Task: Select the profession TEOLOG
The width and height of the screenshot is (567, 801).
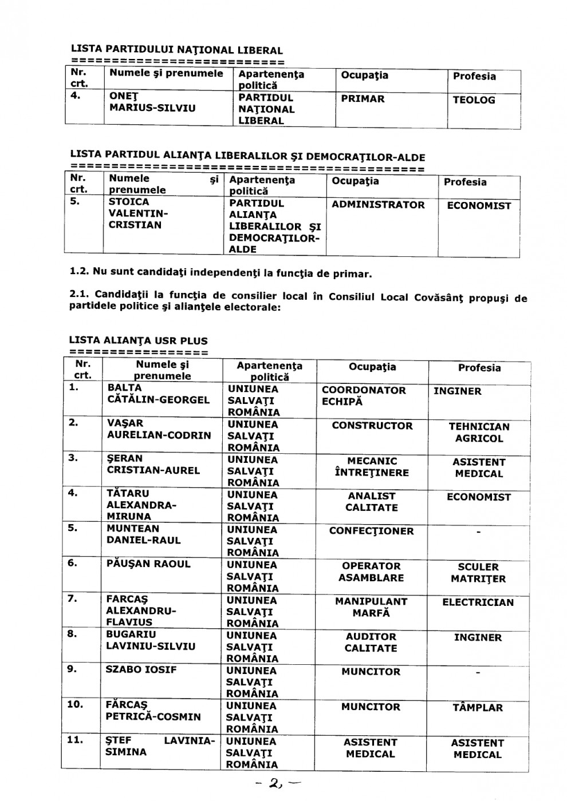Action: pyautogui.click(x=474, y=100)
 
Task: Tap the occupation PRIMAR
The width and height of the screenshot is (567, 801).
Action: pyautogui.click(x=363, y=99)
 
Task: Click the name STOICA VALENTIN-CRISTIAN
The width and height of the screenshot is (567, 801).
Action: pyautogui.click(x=137, y=213)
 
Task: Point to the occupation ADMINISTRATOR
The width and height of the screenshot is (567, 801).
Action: pyautogui.click(x=378, y=205)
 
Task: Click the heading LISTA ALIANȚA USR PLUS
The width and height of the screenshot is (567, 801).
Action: pyautogui.click(x=138, y=341)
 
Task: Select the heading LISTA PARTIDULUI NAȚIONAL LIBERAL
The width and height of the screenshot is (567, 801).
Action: pyautogui.click(x=176, y=50)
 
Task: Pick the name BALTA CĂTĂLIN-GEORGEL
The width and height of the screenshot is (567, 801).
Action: pyautogui.click(x=158, y=394)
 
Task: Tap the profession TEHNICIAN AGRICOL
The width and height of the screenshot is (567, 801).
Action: pyautogui.click(x=479, y=433)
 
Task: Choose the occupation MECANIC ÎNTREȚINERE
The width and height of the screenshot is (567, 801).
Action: pyautogui.click(x=371, y=467)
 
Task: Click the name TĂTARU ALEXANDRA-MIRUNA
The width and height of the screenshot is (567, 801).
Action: pyautogui.click(x=141, y=505)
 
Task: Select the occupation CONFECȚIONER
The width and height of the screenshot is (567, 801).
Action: pyautogui.click(x=371, y=531)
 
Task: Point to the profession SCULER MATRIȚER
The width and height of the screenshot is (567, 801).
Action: pyautogui.click(x=478, y=573)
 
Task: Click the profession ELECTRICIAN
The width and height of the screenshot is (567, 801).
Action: pyautogui.click(x=478, y=602)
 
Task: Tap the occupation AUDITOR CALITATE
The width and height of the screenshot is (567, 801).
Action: pyautogui.click(x=371, y=643)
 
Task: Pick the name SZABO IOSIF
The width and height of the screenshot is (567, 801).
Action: pyautogui.click(x=141, y=669)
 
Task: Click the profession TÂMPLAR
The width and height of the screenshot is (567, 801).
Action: pyautogui.click(x=478, y=708)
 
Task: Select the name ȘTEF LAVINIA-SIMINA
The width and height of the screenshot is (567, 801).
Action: pyautogui.click(x=160, y=746)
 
